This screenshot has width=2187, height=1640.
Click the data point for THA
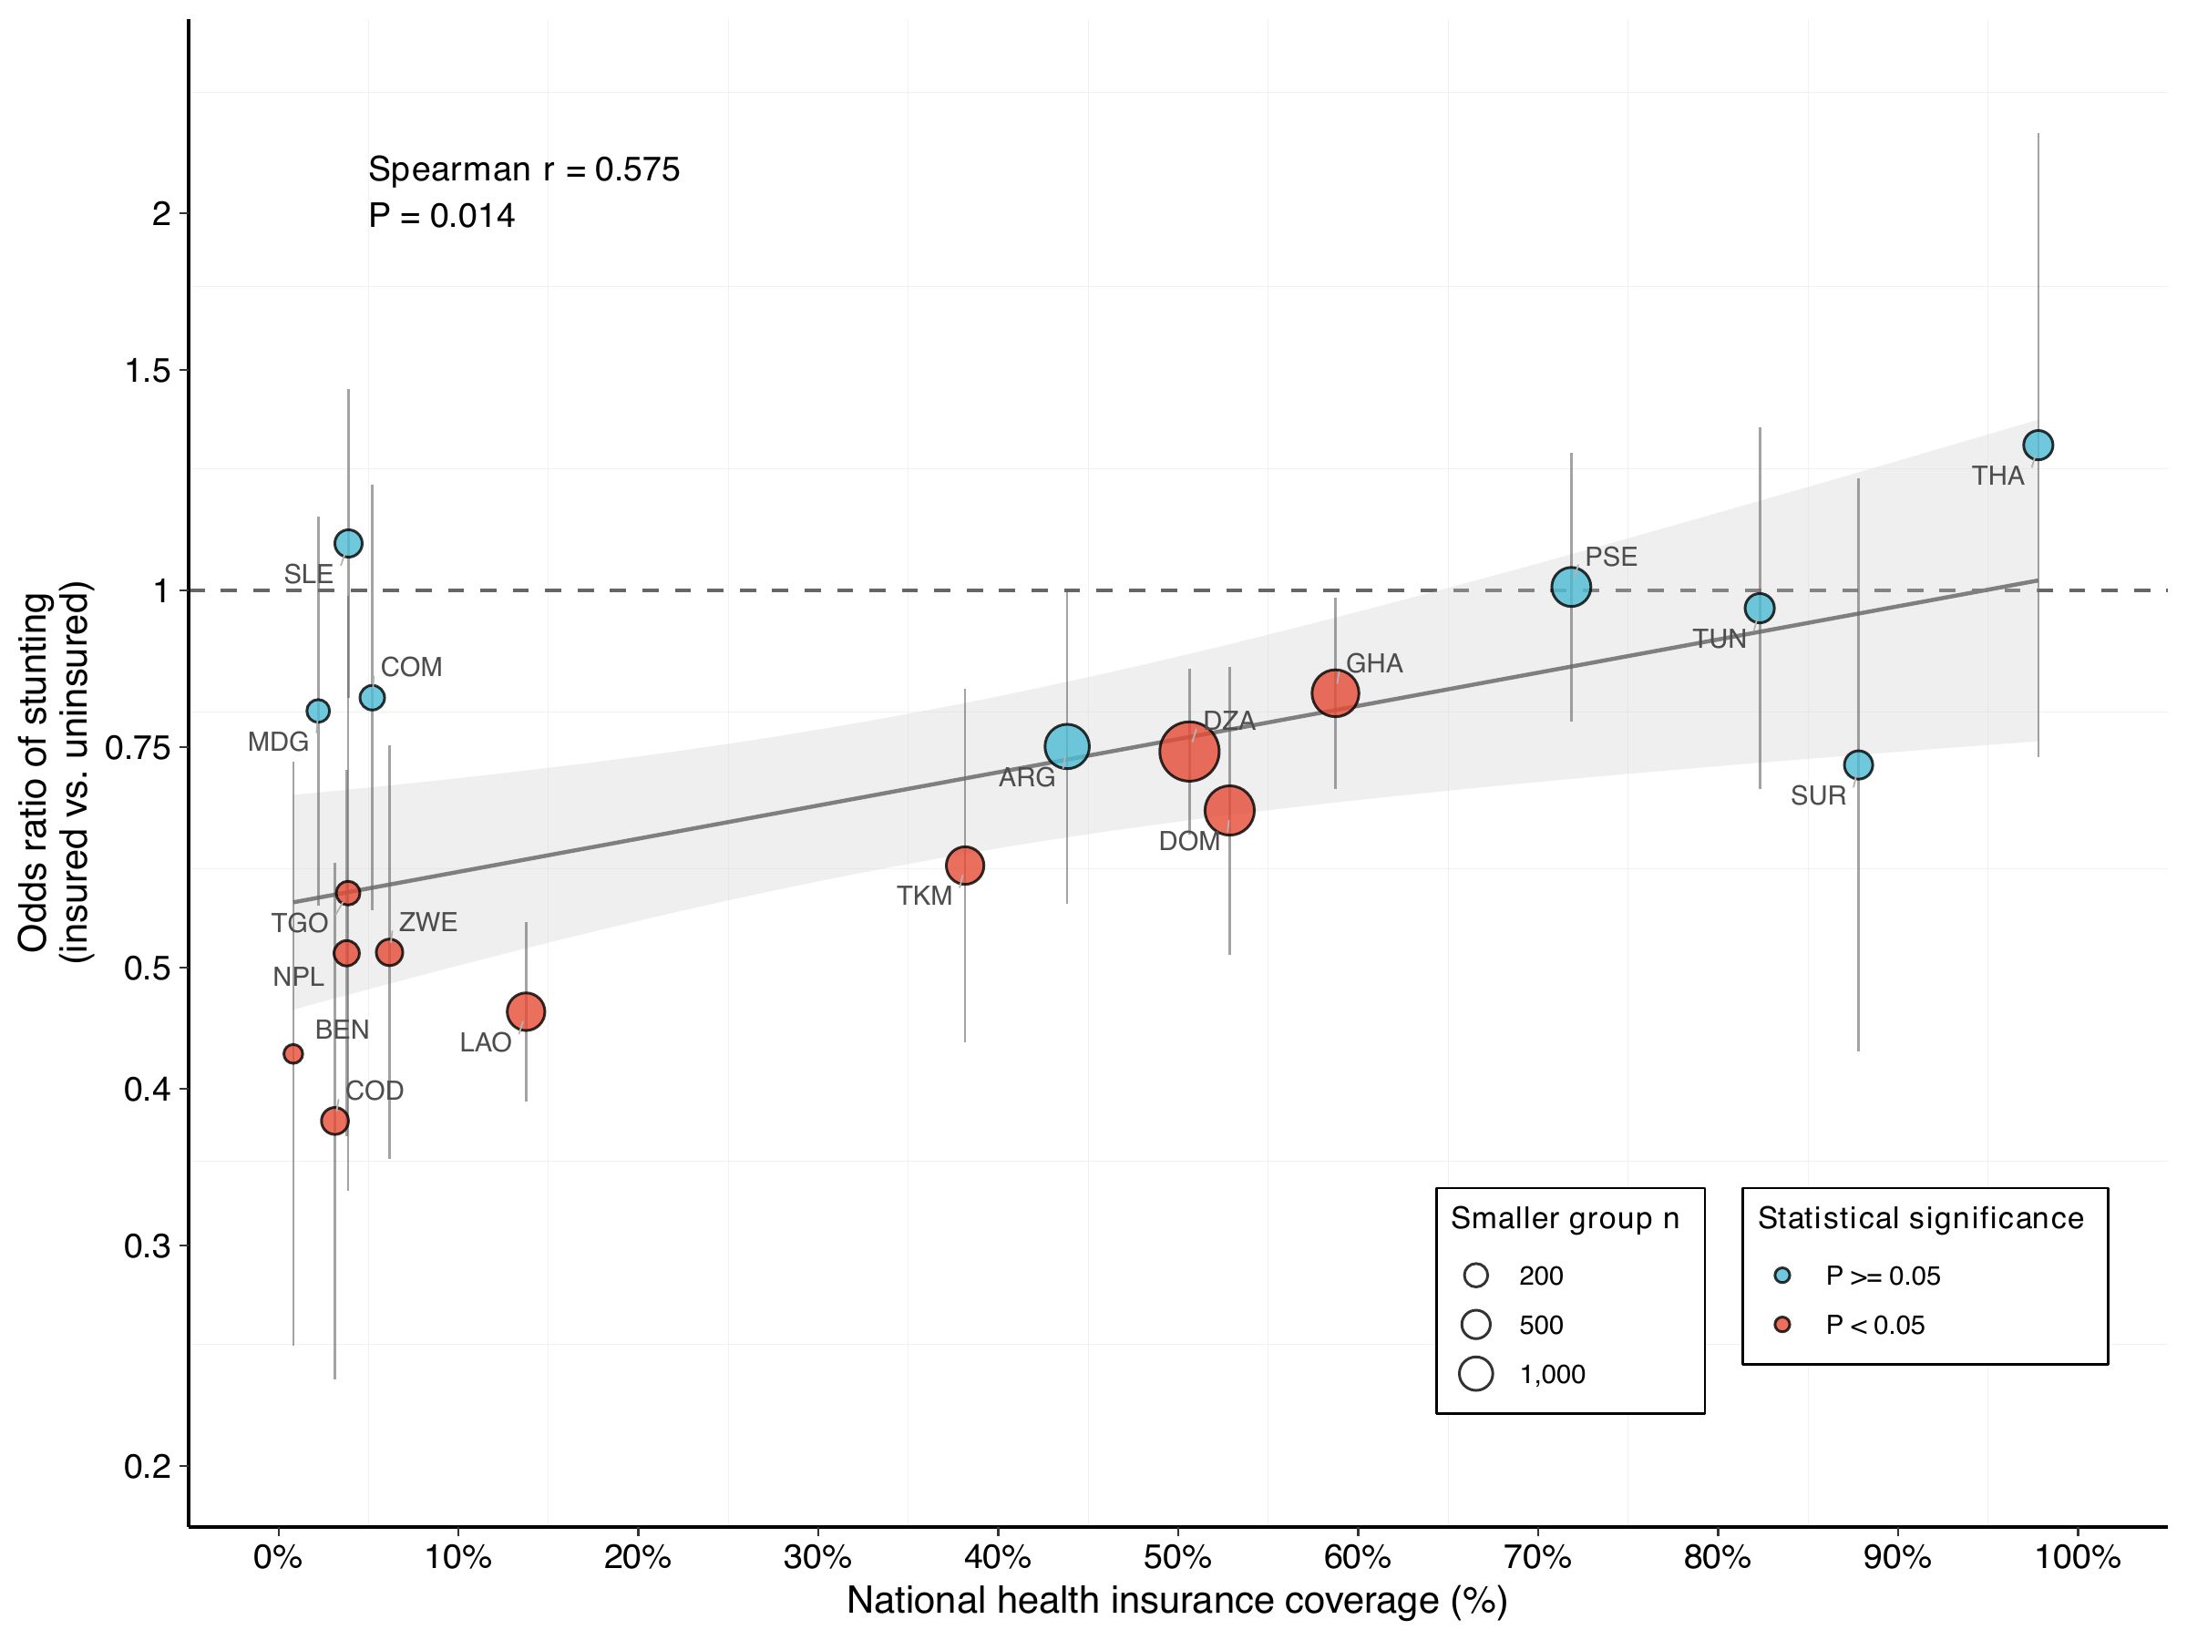2038,445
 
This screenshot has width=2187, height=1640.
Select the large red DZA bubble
1188,752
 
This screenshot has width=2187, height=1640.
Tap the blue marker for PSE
1571,587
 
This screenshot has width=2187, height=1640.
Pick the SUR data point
1858,764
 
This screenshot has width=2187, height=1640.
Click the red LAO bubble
525,1011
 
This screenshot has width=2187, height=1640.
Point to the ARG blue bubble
1066,745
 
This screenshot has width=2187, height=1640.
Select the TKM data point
964,865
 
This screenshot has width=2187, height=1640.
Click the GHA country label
1374,663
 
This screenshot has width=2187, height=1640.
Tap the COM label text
411,667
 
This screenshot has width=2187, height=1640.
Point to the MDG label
278,742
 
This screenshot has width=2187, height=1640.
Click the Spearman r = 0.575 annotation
524,170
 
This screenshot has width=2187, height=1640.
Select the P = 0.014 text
441,216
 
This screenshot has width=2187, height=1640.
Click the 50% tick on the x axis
1177,1558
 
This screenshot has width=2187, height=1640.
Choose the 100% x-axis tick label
2078,1558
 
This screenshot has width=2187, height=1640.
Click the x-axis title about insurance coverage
1176,1602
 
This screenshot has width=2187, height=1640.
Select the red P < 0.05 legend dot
1781,1325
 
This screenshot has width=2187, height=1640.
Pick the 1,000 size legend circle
1476,1374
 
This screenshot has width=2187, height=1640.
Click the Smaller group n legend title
1566,1219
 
